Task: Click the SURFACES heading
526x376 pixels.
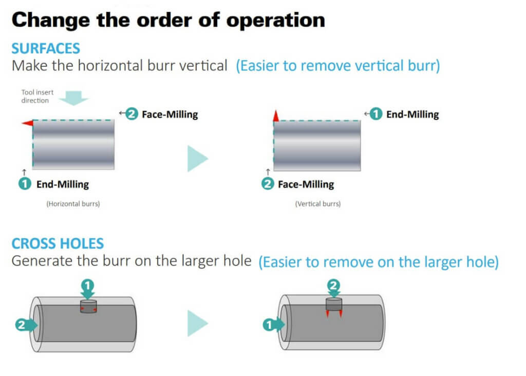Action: (46, 49)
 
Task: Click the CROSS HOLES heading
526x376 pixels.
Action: (58, 243)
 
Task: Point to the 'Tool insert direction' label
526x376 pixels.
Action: (37, 97)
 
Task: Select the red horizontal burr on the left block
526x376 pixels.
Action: (27, 123)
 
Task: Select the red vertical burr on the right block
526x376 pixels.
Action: (276, 116)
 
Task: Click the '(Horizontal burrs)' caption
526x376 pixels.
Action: (73, 204)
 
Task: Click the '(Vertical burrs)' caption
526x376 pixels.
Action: (317, 204)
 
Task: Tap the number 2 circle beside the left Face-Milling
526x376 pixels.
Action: (132, 114)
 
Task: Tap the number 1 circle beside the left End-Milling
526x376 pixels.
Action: (25, 184)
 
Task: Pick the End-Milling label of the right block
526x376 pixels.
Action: (412, 114)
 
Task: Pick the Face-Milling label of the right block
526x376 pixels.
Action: (306, 184)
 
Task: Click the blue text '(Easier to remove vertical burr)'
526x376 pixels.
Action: (337, 66)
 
